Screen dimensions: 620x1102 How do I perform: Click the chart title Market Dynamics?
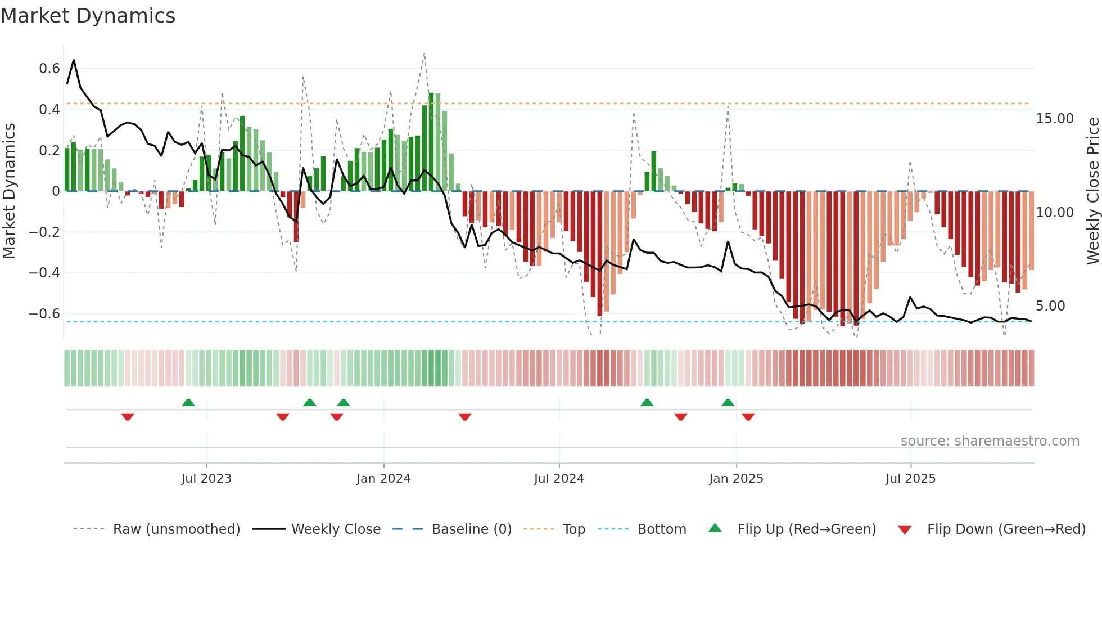(88, 16)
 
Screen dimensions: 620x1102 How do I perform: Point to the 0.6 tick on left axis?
(49, 69)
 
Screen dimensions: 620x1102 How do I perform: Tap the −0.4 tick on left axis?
(44, 273)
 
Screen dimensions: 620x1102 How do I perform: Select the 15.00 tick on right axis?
(1055, 119)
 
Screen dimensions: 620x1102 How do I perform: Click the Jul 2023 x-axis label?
(206, 479)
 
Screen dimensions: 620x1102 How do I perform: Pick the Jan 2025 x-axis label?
(736, 479)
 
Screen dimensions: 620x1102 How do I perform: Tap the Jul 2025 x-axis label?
(910, 479)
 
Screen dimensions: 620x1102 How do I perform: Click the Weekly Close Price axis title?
(1092, 191)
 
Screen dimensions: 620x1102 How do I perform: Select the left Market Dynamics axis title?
(9, 191)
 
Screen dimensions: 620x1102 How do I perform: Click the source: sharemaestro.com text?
(990, 441)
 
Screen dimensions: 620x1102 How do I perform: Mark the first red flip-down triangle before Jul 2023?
(128, 417)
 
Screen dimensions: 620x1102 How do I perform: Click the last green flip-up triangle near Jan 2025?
(728, 402)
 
